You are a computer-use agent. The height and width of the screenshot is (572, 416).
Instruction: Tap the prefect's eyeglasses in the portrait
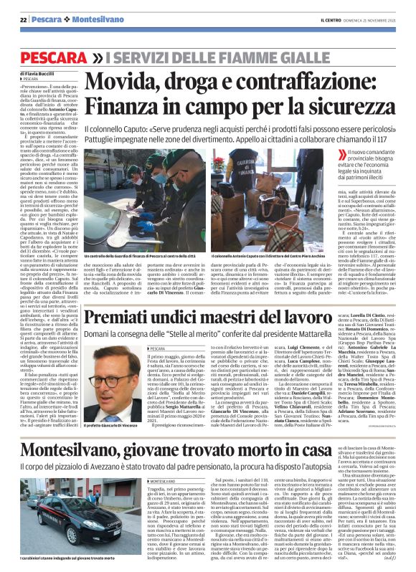point(104,381)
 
